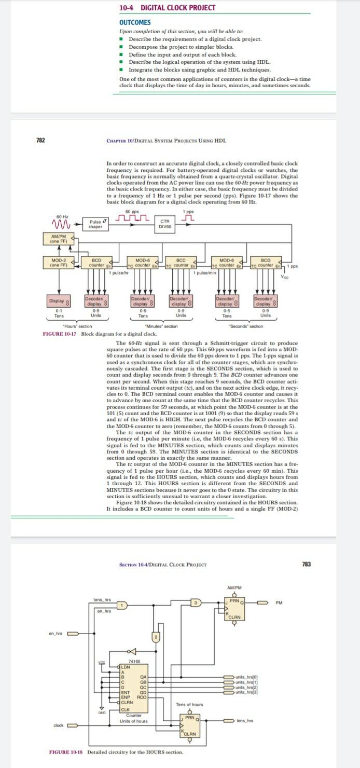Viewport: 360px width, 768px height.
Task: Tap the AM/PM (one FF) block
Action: [x=54, y=239]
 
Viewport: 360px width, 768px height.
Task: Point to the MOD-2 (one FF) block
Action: [x=54, y=262]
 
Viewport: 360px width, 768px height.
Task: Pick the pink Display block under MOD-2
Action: [x=58, y=300]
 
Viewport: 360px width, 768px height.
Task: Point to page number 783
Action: [x=306, y=564]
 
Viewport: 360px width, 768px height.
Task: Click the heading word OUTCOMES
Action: [x=135, y=22]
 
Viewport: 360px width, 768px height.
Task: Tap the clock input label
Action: [x=58, y=725]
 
